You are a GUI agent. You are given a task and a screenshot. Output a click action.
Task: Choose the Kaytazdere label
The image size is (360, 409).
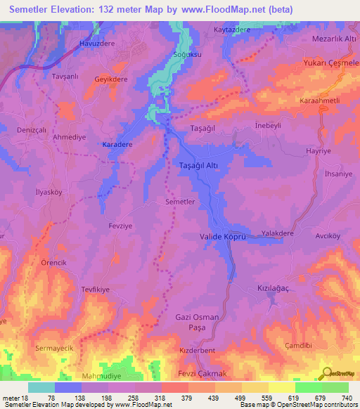click(232, 31)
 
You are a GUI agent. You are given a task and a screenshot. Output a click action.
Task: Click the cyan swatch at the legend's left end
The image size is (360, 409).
click(41, 387)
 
